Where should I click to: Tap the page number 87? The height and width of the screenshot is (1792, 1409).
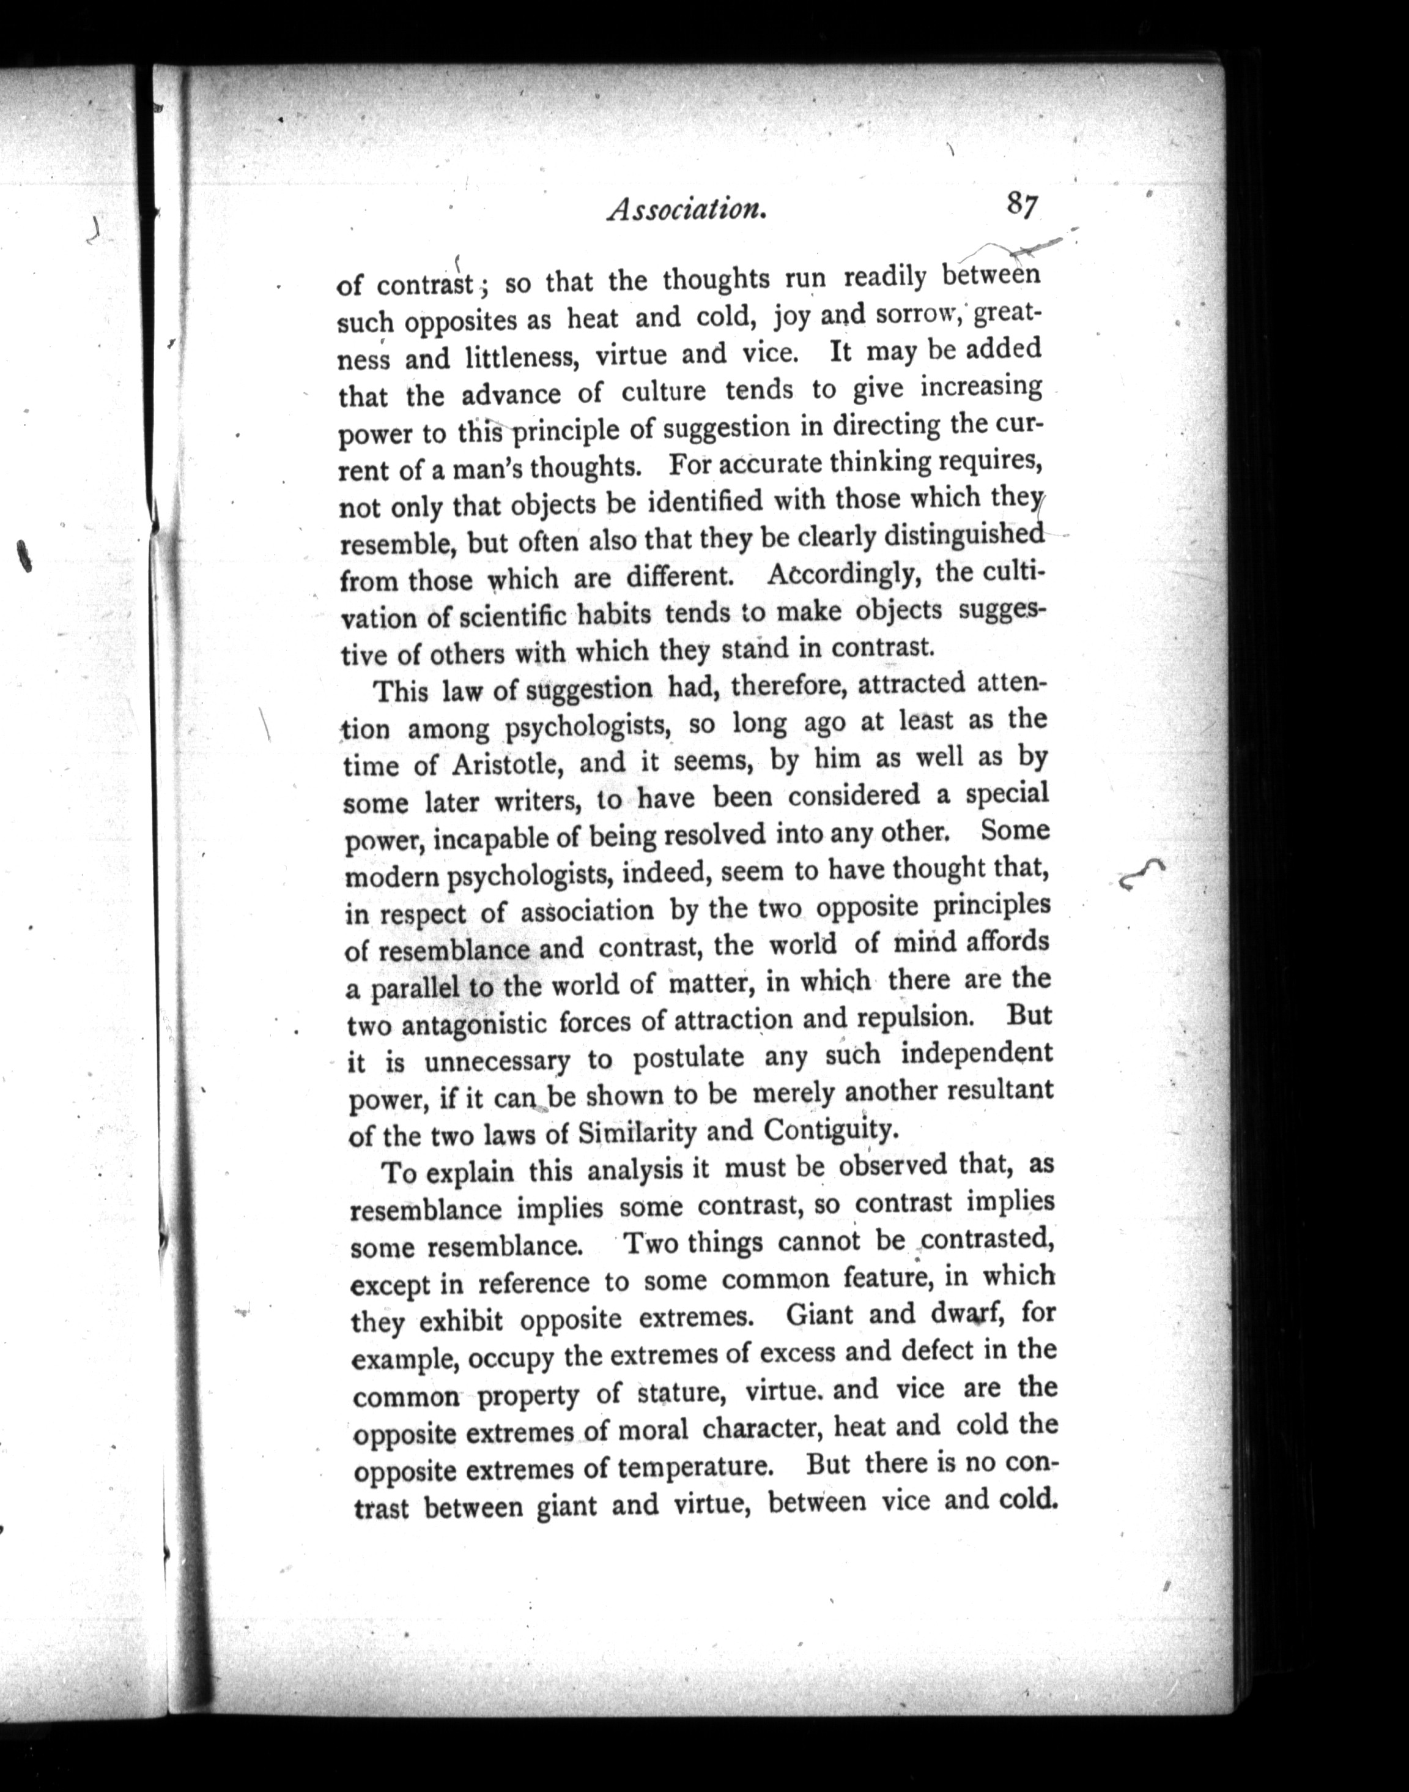pos(1021,204)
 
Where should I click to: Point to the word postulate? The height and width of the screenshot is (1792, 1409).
pos(689,1059)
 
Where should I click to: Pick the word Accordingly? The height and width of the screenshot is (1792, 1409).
pos(843,575)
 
